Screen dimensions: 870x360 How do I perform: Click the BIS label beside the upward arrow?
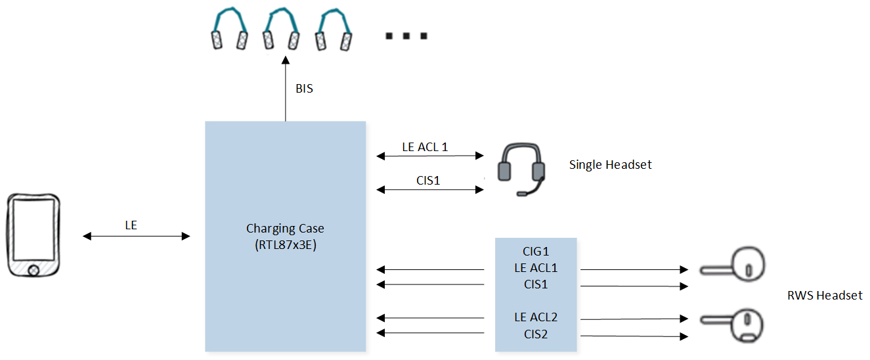tap(304, 89)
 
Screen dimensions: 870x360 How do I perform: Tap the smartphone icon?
tap(33, 235)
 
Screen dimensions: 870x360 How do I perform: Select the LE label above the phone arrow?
tap(131, 225)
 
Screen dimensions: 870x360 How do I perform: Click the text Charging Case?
tap(285, 228)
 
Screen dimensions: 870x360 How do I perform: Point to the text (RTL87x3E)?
tap(286, 245)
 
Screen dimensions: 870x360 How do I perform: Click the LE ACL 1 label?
tap(425, 147)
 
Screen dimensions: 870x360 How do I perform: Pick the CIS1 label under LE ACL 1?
tap(428, 181)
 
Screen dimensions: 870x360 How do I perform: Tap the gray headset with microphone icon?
tap(521, 169)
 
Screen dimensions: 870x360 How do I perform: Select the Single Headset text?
tap(610, 165)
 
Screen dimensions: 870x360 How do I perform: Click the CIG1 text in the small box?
tap(536, 252)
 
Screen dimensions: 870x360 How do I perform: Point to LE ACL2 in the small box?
tap(536, 317)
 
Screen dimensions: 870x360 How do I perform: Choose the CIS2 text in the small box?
tap(536, 334)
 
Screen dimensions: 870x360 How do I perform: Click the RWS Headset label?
tap(825, 296)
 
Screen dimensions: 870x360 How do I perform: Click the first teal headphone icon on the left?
tap(230, 29)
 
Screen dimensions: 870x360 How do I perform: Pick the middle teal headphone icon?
tap(281, 29)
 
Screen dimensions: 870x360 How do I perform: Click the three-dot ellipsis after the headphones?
tap(406, 36)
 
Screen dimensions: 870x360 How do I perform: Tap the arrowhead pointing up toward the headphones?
tap(286, 60)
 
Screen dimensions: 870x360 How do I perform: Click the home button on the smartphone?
tap(33, 270)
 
